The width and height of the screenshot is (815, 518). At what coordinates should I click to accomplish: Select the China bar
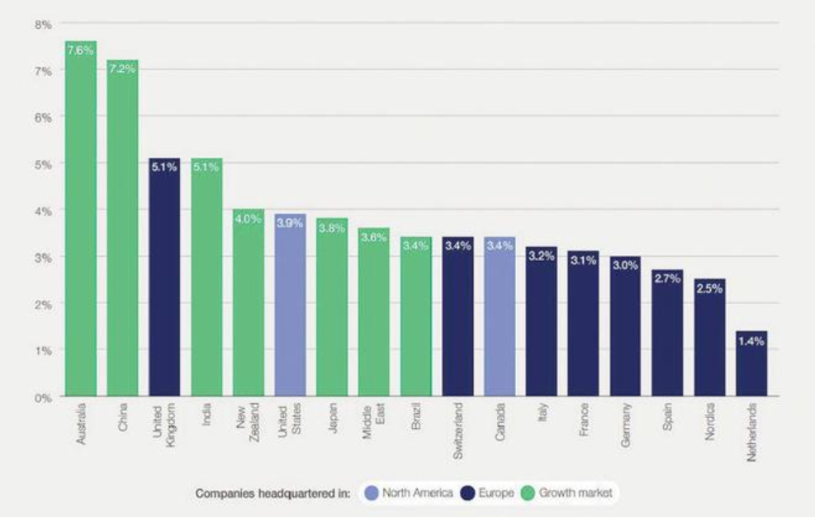(x=122, y=231)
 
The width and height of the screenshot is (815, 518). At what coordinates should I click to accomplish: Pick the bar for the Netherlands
(x=751, y=364)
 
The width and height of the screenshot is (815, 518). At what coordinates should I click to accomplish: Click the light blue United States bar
(x=290, y=306)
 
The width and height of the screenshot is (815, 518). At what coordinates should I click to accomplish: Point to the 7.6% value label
(x=81, y=49)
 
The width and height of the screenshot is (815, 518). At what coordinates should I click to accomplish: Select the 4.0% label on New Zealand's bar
(x=249, y=219)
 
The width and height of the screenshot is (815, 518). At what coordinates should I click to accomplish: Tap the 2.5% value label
(x=709, y=288)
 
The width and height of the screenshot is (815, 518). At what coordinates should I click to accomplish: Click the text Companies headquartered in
(x=273, y=493)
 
